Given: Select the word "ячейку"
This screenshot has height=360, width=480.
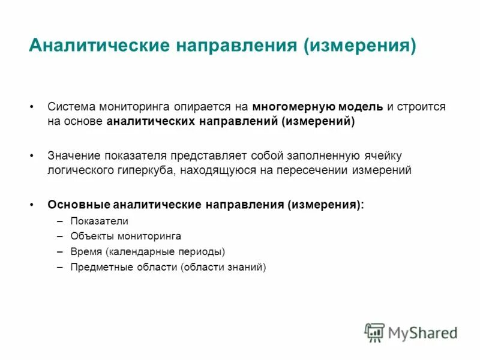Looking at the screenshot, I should tap(388, 155).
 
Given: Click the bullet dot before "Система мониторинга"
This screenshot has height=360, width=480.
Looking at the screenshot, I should tap(31, 107).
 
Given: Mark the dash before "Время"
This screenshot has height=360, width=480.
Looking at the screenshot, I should tap(60, 251).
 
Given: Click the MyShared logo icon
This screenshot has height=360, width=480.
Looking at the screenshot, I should tap(374, 332).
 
